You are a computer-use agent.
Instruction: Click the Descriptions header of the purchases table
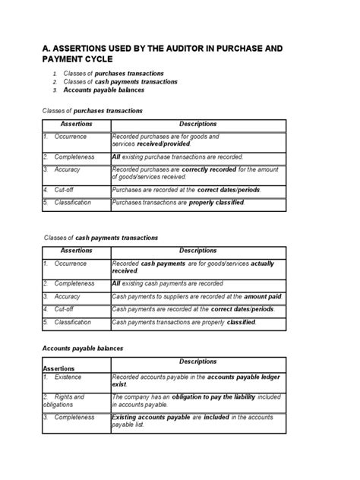tap(197, 124)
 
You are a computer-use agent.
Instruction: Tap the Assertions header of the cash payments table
tap(76, 250)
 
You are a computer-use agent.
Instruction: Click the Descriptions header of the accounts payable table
tap(197, 362)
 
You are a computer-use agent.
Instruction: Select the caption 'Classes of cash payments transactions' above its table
tap(102, 238)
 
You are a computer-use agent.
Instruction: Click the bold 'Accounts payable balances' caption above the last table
tap(82, 349)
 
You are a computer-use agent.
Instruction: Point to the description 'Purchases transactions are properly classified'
tap(178, 203)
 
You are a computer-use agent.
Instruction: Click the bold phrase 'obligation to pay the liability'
tap(209, 396)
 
